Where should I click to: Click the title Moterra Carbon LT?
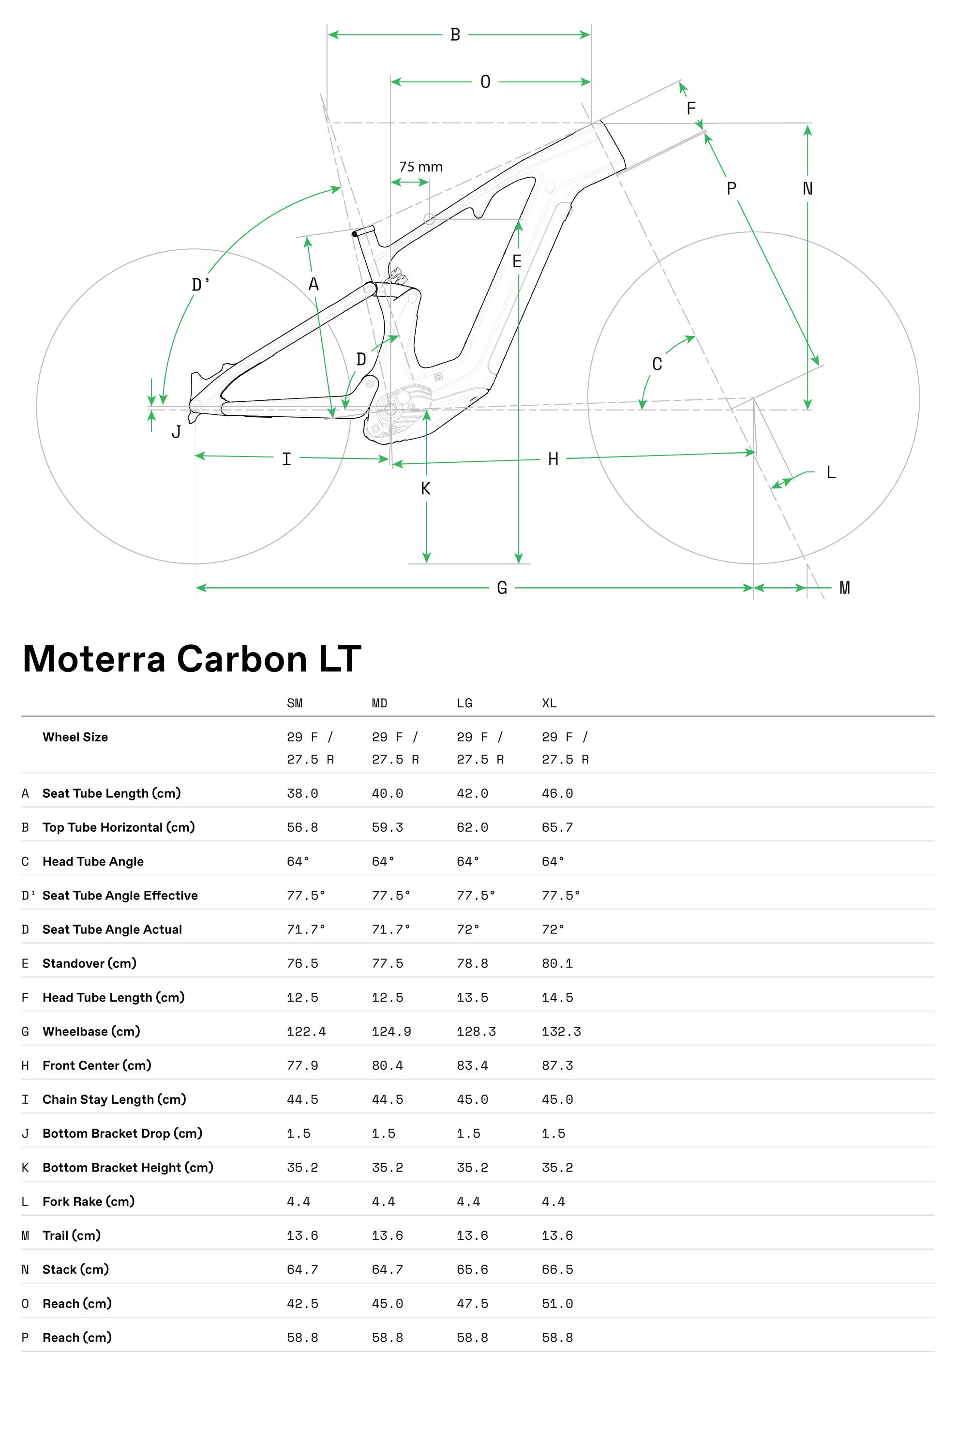(x=192, y=659)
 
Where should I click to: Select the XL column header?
(x=549, y=703)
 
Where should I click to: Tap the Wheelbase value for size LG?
(x=476, y=1032)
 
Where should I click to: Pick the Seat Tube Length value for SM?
(x=302, y=793)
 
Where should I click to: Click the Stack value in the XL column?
(x=557, y=1269)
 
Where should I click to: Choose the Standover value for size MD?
(x=387, y=963)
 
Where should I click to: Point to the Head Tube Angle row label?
(x=93, y=861)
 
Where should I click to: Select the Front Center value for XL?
(x=557, y=1065)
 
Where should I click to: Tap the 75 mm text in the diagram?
(x=421, y=167)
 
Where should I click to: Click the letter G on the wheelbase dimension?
(x=502, y=588)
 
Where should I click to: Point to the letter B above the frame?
(x=455, y=35)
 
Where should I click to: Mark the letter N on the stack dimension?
(x=807, y=189)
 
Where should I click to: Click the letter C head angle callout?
(x=657, y=364)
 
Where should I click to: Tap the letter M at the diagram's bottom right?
(x=844, y=588)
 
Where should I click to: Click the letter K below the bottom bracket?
(x=426, y=488)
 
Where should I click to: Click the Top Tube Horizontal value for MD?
(x=387, y=827)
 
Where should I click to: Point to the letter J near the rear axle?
(x=176, y=432)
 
